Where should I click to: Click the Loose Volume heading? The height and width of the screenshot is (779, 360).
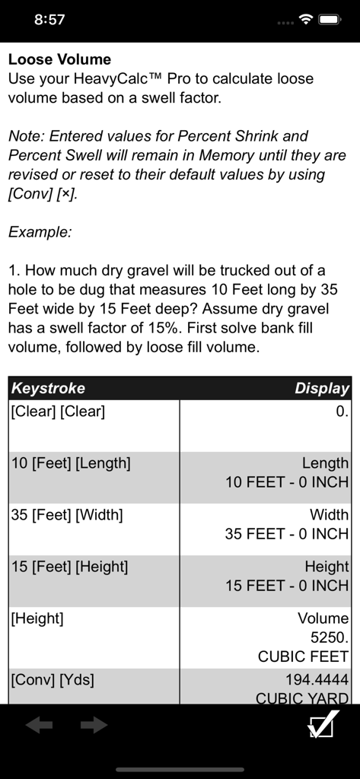[59, 59]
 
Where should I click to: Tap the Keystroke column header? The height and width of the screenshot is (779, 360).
[48, 388]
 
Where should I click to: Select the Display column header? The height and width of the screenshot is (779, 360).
[321, 388]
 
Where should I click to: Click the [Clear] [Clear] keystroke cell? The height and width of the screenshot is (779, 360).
[58, 412]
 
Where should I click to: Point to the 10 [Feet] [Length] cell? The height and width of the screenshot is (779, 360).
[71, 463]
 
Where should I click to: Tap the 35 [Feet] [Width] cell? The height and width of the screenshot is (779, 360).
[67, 514]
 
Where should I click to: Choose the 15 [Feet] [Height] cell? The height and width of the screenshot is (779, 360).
[69, 566]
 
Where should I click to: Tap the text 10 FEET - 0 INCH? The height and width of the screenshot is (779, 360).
[287, 482]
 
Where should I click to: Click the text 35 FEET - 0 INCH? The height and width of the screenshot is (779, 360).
[287, 534]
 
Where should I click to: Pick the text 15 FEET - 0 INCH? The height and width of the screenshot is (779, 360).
[287, 586]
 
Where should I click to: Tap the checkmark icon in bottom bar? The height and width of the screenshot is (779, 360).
[322, 724]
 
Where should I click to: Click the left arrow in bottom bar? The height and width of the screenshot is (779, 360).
[39, 725]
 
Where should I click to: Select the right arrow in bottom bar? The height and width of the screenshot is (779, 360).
[94, 725]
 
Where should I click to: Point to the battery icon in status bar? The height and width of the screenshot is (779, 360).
[330, 20]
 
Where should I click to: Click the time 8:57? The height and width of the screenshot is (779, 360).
[49, 20]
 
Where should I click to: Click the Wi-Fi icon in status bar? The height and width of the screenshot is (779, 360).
[306, 20]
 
